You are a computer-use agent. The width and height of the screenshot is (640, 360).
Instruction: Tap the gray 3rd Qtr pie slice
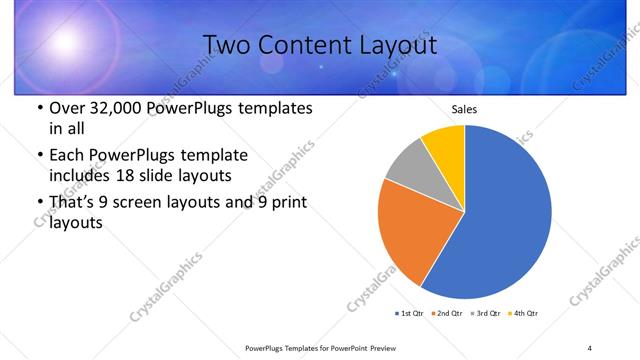pos(406,166)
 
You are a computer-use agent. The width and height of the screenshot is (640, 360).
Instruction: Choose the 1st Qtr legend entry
pos(410,313)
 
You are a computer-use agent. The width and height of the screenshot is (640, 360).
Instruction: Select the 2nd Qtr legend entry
pos(446,313)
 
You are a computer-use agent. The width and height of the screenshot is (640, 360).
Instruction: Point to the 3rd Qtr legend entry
pos(485,313)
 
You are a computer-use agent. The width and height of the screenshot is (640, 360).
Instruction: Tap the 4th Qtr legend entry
pos(523,313)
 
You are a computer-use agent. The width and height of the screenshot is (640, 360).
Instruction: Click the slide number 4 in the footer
pos(589,347)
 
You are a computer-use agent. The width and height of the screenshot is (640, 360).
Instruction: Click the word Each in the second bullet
pos(67,155)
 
